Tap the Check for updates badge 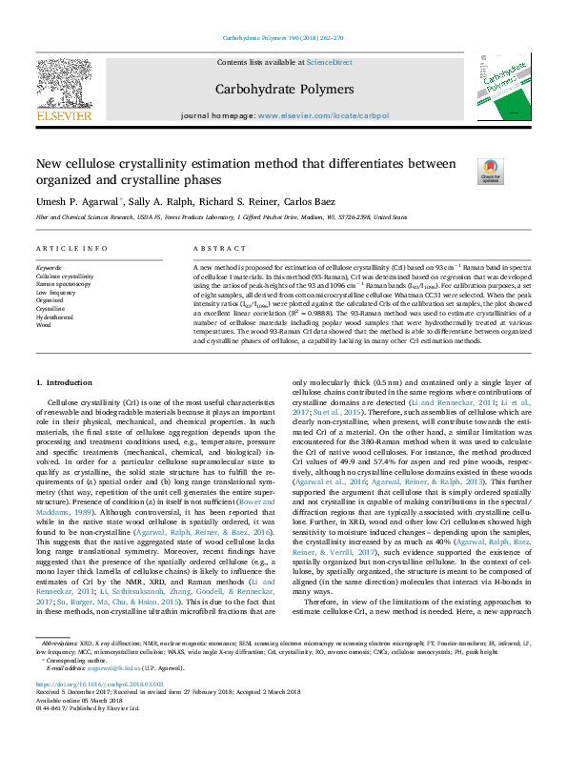(491, 172)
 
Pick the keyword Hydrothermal (56, 316)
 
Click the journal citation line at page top (283, 37)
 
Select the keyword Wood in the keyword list (44, 324)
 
